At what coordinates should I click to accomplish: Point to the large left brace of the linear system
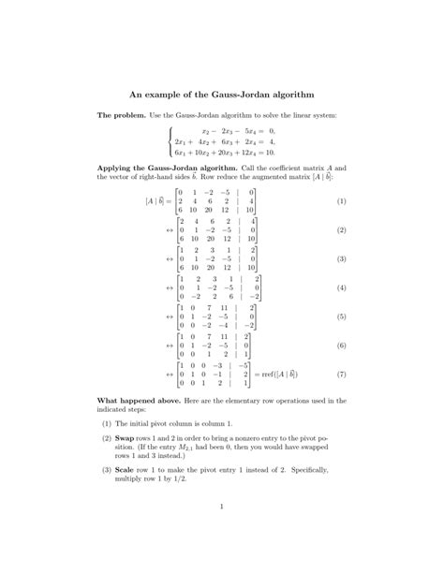pyautogui.click(x=170, y=141)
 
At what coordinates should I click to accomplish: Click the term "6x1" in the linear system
pyautogui.click(x=183, y=152)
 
